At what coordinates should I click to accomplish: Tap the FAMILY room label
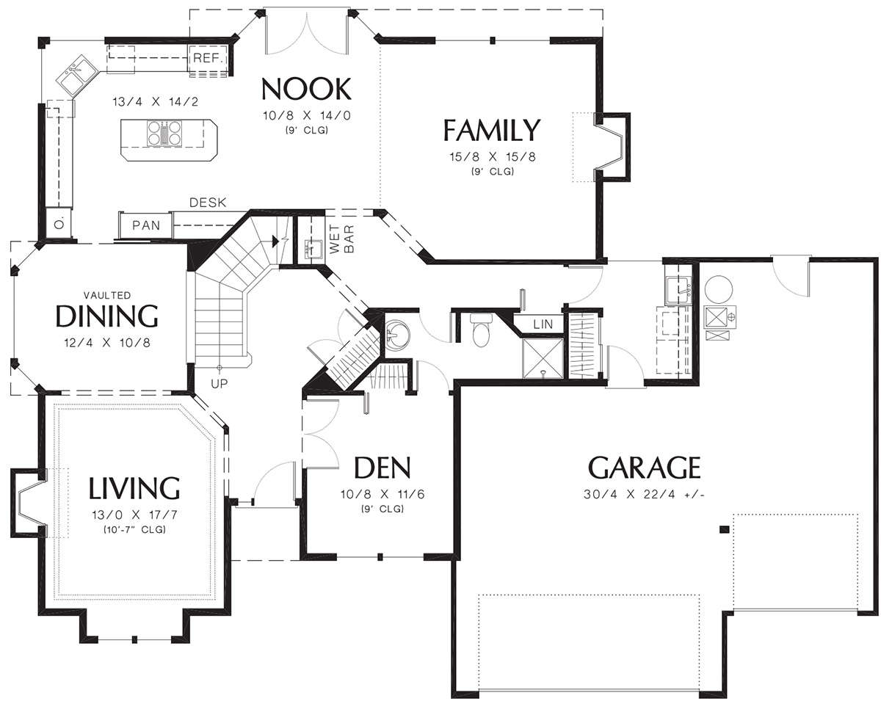coord(492,130)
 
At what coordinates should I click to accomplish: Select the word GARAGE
coord(644,467)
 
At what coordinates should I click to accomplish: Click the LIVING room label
coord(134,487)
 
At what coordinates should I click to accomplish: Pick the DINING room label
coord(106,316)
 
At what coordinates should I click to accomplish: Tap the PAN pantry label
coord(146,225)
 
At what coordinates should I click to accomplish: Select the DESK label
coord(208,203)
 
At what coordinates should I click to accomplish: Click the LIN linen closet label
coord(543,324)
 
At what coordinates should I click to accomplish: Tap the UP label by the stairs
coord(219,384)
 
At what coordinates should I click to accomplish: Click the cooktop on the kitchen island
coord(164,133)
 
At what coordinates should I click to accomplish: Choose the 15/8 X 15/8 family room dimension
coord(492,156)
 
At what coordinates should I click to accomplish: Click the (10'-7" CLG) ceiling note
coord(134,529)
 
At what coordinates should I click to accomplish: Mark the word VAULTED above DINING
coord(107,295)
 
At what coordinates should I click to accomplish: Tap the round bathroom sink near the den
coord(397,335)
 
